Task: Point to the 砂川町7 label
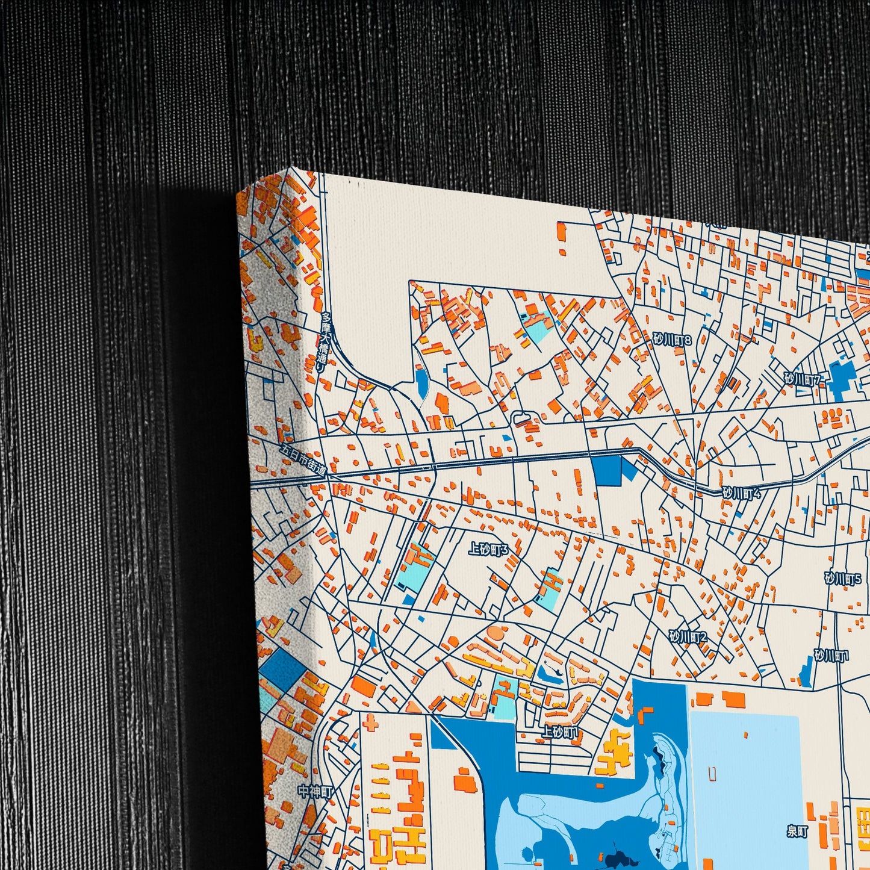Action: tap(803, 379)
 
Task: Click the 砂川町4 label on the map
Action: tap(742, 493)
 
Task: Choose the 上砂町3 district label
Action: tap(488, 549)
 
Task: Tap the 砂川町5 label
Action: tap(843, 579)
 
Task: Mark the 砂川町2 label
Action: tap(688, 636)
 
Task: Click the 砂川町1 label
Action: tap(831, 656)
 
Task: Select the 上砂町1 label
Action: tap(560, 732)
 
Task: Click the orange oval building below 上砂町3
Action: tap(494, 633)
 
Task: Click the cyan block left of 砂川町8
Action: tap(535, 326)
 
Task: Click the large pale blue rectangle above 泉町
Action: tap(744, 783)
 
